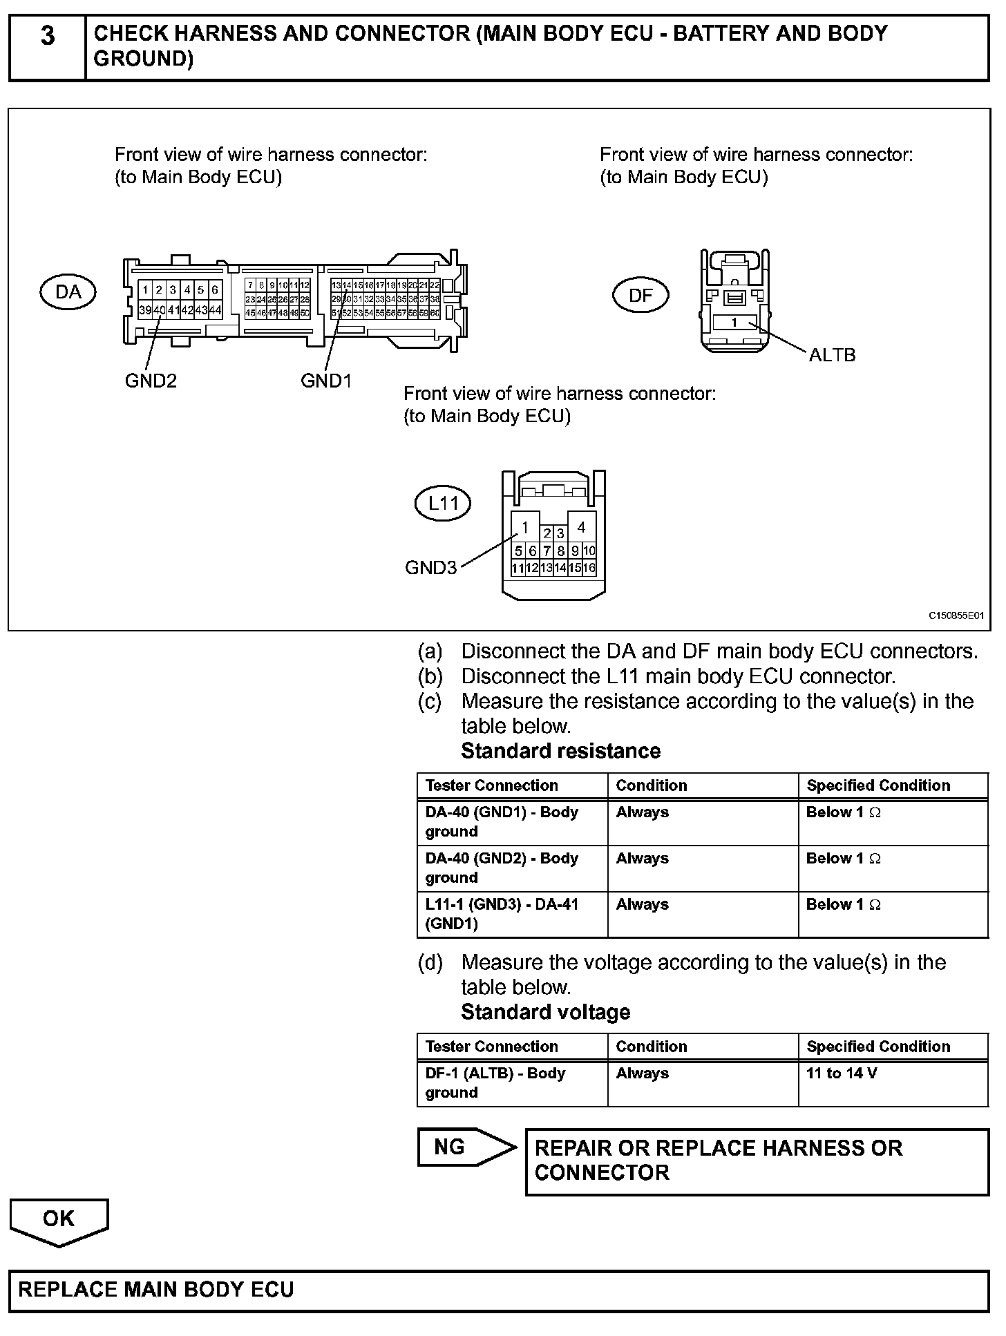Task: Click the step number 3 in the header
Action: [47, 36]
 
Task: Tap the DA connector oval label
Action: [68, 292]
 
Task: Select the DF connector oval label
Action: [640, 296]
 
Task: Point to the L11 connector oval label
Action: [443, 503]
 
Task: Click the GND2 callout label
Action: [151, 381]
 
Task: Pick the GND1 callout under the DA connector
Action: [326, 381]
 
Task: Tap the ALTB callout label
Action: [832, 355]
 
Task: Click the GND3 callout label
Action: [430, 568]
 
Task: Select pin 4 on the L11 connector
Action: [581, 528]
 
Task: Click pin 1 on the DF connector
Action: [734, 323]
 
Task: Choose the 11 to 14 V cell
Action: [842, 1073]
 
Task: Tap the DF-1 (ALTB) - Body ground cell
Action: [495, 1082]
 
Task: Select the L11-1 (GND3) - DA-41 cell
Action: [502, 914]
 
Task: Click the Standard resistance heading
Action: [560, 751]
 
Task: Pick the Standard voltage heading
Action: [545, 1012]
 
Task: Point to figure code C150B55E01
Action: [955, 615]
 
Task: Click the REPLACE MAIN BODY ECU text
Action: [156, 1290]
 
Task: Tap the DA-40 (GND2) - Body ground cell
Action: [502, 868]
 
